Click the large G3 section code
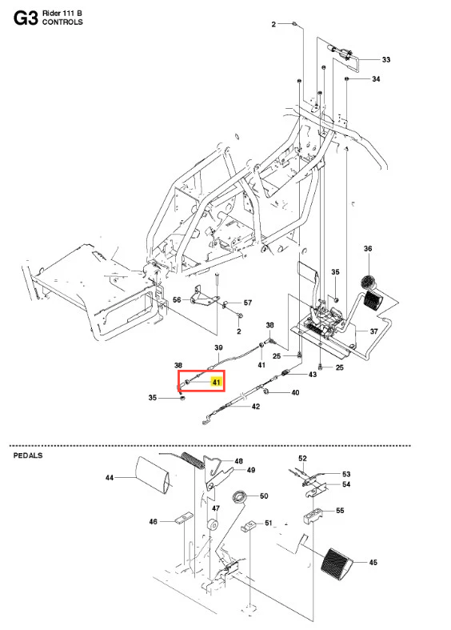pos(26,18)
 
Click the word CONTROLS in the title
pos(62,22)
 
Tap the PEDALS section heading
pos(28,455)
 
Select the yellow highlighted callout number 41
pos(217,382)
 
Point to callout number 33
pos(386,59)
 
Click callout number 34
pos(376,78)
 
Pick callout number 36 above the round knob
pos(368,249)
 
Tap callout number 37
pos(374,331)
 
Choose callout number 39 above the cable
pos(218,347)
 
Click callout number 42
pos(256,406)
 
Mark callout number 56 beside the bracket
pos(177,299)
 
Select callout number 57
pos(248,303)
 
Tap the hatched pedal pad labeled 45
pos(336,564)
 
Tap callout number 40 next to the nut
pos(295,392)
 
